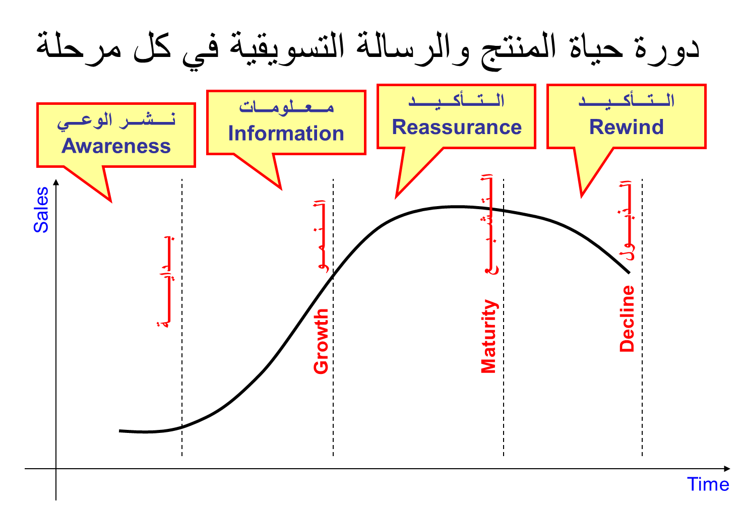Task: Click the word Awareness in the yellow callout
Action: (116, 146)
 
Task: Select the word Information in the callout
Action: (286, 134)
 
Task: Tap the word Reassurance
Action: (457, 127)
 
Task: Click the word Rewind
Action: (627, 127)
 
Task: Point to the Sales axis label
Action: (41, 210)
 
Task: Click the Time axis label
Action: (708, 484)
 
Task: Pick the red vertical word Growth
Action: (321, 341)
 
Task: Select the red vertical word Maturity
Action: (488, 336)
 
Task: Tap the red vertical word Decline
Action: (627, 318)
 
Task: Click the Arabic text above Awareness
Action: (116, 121)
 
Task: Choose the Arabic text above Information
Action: (286, 107)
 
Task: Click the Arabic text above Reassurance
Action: (457, 100)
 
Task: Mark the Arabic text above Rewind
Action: (627, 100)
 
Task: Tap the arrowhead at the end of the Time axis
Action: (727, 469)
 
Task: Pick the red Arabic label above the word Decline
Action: (627, 220)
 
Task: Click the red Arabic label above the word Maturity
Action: (489, 224)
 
